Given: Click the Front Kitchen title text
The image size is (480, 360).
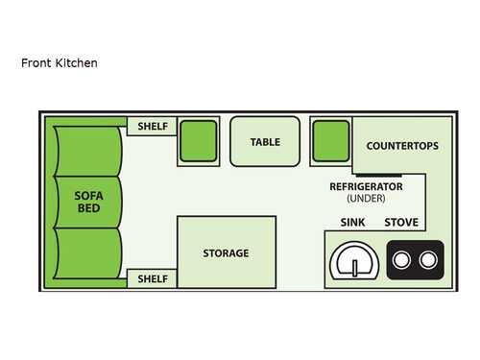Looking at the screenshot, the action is [60, 63].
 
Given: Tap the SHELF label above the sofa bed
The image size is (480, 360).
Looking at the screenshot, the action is [153, 126].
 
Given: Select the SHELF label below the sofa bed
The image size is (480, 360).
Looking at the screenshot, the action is [153, 278].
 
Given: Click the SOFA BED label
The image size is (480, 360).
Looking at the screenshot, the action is [88, 202].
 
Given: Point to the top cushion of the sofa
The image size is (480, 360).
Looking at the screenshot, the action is [88, 149].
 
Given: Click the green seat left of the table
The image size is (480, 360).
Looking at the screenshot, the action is [199, 140].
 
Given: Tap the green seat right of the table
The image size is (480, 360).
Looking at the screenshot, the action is [331, 140].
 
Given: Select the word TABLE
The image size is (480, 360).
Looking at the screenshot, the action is [265, 142].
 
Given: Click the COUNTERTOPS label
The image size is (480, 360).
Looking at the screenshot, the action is [402, 146].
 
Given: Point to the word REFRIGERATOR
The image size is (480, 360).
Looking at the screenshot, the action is [366, 186].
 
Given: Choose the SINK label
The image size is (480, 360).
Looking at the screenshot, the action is [352, 223].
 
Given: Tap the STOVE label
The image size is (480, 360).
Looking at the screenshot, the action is [401, 223].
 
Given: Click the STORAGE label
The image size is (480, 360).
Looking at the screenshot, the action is [226, 253].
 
